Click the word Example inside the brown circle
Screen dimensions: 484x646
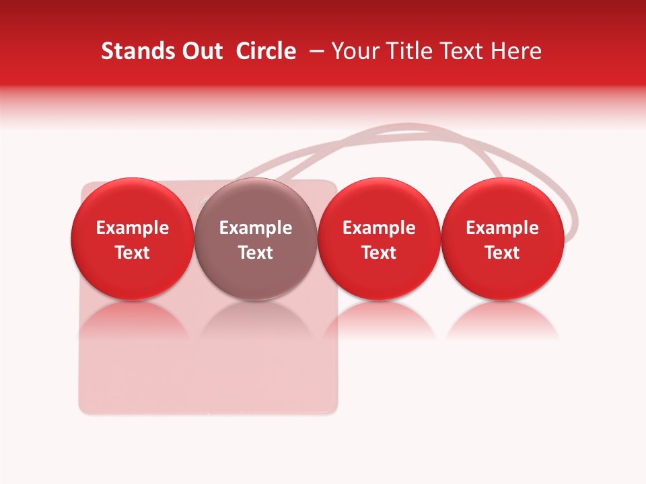256,228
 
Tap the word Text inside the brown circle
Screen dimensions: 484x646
256,253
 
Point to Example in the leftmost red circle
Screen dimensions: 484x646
133,228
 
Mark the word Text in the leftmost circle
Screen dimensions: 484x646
133,253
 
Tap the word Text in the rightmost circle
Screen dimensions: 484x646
503,253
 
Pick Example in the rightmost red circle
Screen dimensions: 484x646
503,228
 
